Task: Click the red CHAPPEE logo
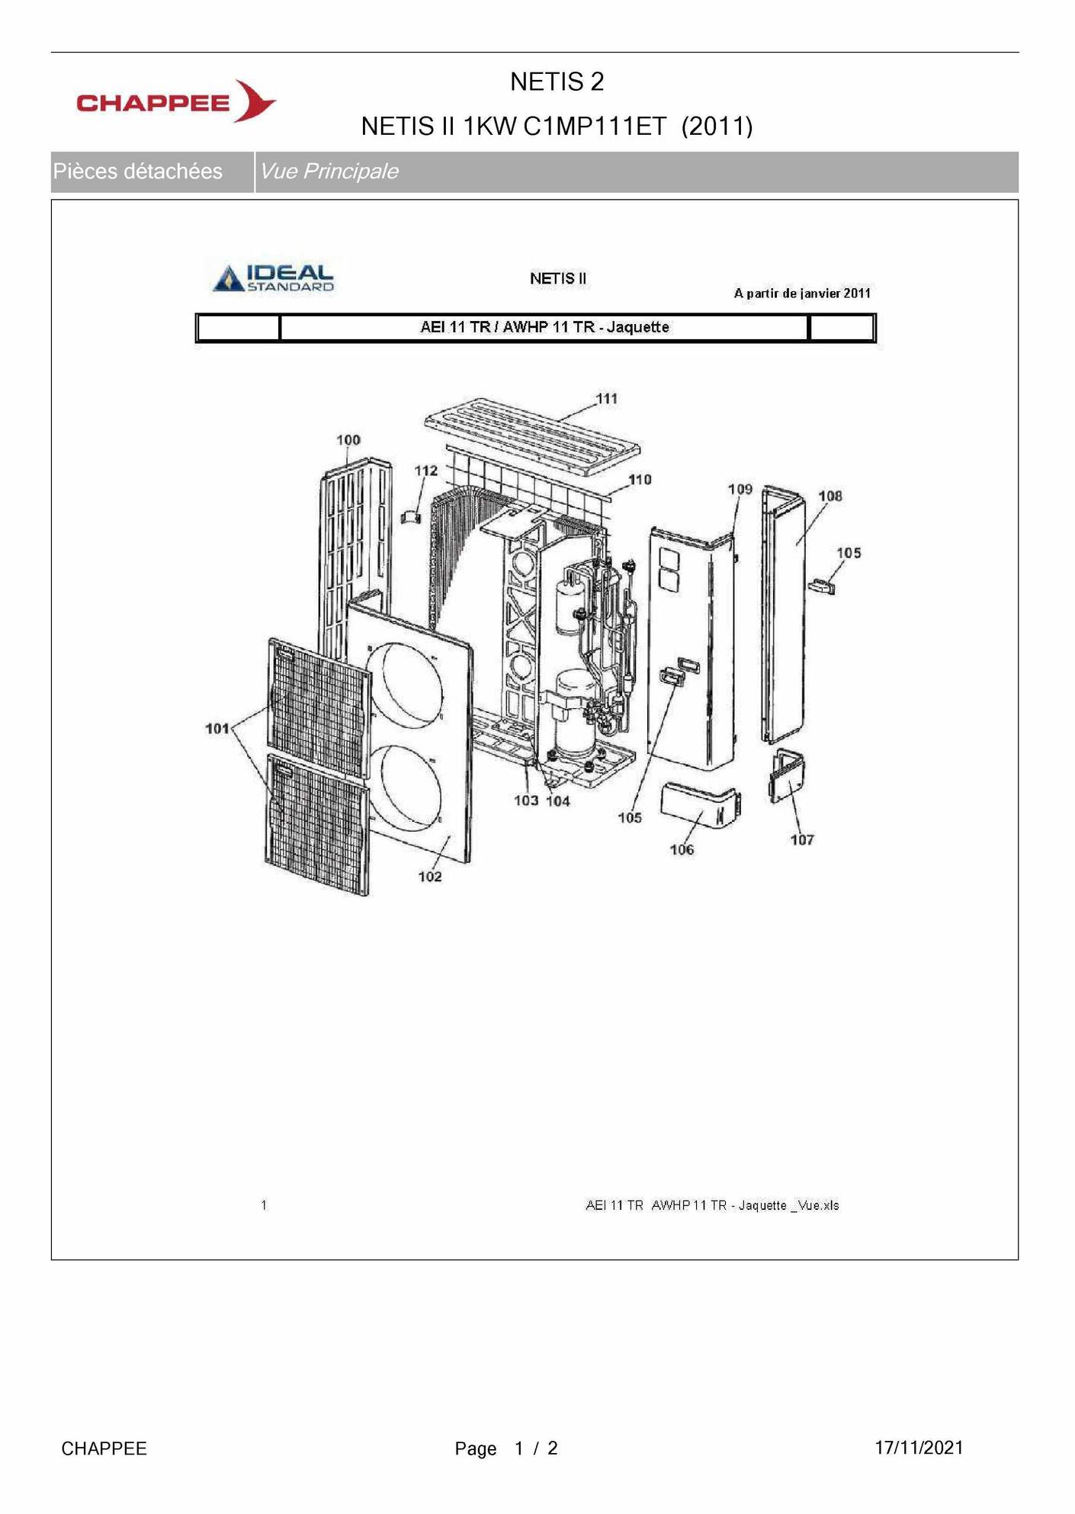(175, 101)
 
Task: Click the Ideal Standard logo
(274, 278)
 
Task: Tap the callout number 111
(606, 399)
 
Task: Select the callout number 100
(348, 440)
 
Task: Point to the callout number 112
(426, 470)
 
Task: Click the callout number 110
(640, 480)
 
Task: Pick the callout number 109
(740, 489)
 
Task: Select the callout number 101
(217, 729)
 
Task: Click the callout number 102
(430, 877)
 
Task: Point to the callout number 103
(526, 800)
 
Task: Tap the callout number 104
(558, 801)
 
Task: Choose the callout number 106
(682, 849)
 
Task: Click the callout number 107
(802, 840)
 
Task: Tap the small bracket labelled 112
(411, 516)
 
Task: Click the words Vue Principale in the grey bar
(329, 172)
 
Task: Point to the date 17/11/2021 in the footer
(919, 1448)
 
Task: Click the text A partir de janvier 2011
(802, 293)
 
